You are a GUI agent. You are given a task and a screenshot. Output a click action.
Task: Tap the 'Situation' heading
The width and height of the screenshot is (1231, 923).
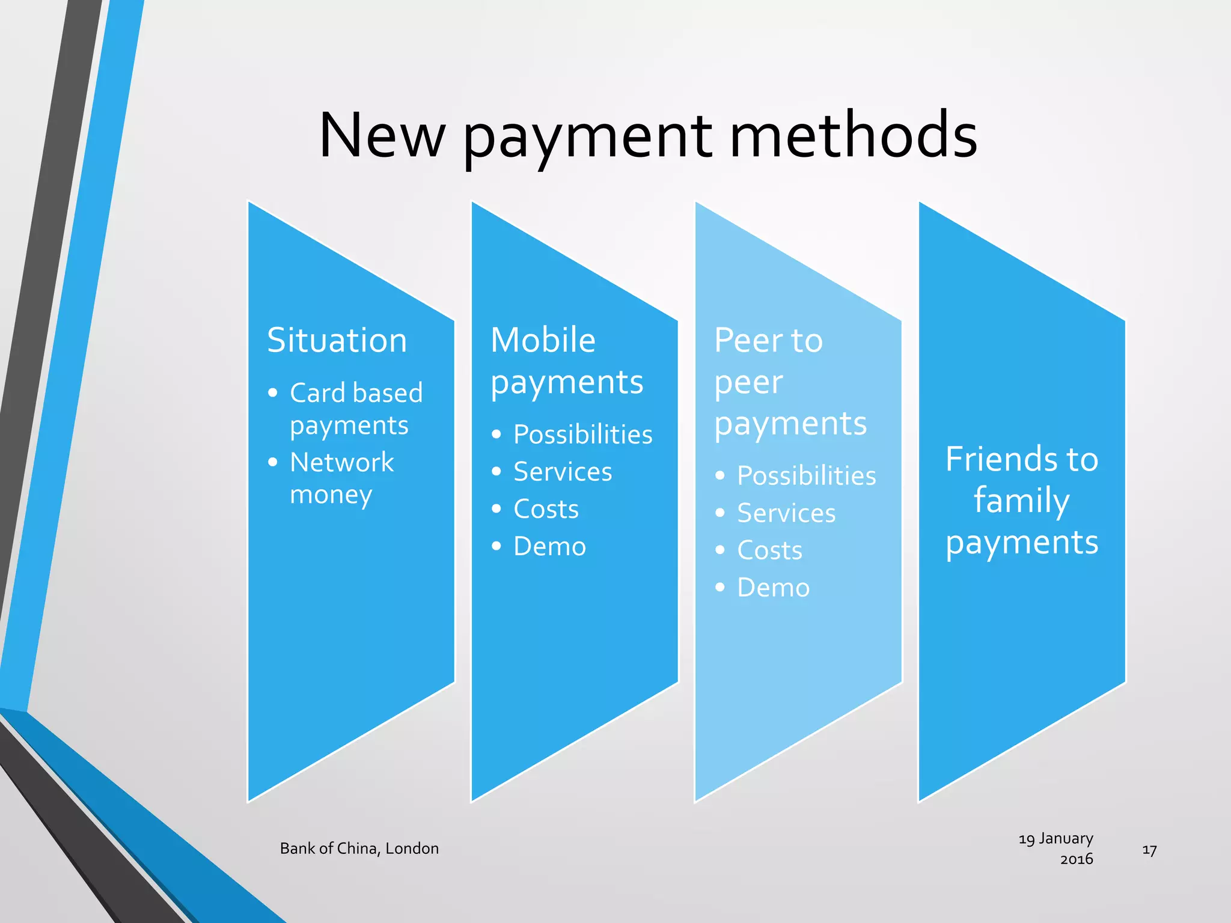337,340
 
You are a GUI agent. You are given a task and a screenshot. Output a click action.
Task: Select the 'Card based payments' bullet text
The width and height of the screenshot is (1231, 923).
356,409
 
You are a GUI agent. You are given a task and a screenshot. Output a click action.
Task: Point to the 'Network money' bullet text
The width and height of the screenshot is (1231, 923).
341,478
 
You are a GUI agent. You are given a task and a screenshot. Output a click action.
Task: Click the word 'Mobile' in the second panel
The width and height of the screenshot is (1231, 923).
543,340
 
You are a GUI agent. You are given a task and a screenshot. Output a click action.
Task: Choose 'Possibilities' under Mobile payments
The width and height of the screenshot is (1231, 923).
582,434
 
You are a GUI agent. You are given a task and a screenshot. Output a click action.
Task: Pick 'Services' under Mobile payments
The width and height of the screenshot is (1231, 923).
563,472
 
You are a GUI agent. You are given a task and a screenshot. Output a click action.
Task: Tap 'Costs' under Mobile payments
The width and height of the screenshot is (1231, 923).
546,509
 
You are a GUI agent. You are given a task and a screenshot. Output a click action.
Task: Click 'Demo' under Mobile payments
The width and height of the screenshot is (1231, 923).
549,546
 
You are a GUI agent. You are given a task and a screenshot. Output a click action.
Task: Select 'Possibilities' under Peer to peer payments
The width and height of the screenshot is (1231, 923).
806,476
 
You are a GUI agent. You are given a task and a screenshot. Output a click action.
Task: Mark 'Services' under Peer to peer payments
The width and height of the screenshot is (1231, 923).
786,513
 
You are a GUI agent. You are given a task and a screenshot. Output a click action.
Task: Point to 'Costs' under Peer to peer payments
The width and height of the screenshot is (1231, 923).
769,550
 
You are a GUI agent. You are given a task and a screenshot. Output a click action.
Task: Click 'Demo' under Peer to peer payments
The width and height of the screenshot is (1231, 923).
773,588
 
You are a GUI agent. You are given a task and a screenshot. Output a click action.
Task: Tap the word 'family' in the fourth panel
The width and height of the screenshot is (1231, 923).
1021,501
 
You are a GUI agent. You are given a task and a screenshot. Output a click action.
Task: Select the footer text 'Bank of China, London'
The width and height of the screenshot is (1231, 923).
359,848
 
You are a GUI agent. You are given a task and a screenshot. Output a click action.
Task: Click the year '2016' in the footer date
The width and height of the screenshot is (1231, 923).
1076,859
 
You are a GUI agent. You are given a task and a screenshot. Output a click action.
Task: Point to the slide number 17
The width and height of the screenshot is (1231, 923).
1149,850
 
